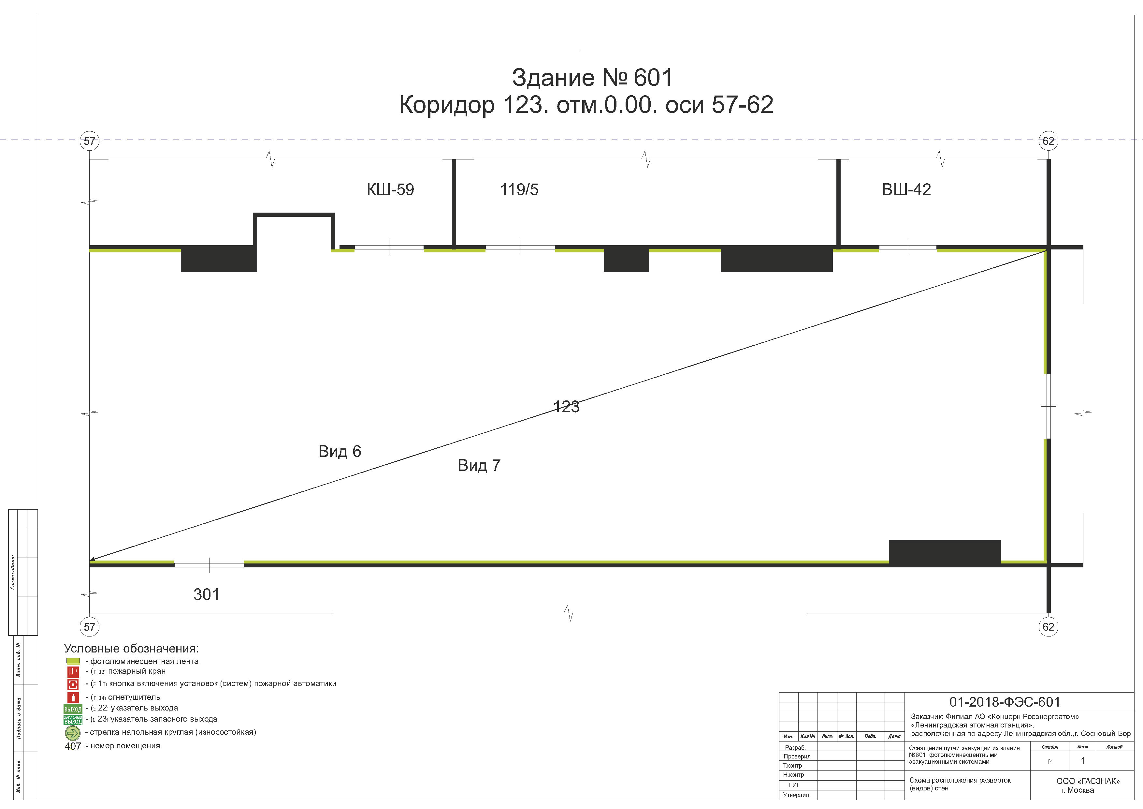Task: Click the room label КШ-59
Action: [x=390, y=190]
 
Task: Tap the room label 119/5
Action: [x=519, y=190]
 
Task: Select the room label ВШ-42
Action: [x=906, y=190]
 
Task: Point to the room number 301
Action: [x=206, y=594]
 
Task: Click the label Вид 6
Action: [x=340, y=451]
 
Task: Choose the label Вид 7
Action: [x=479, y=465]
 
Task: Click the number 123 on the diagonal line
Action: [x=567, y=407]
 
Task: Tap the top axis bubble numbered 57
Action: [x=90, y=141]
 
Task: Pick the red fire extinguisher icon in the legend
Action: [x=73, y=697]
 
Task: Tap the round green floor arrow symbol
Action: [x=73, y=733]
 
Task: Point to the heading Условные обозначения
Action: [x=131, y=649]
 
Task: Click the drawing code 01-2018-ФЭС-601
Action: [x=1005, y=702]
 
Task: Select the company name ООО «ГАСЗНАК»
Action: [x=1088, y=781]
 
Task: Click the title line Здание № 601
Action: [x=592, y=78]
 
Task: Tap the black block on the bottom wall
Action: [x=944, y=552]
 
